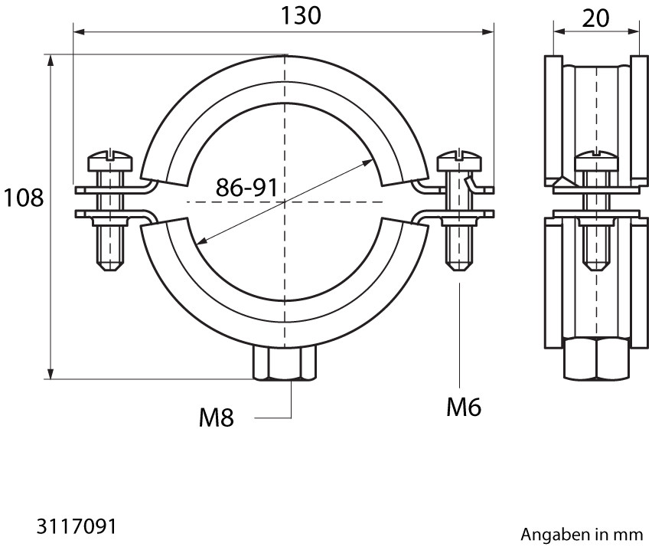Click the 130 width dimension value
click(x=301, y=15)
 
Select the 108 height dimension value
click(x=23, y=198)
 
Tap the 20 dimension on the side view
click(x=595, y=18)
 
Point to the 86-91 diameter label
click(x=246, y=187)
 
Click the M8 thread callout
click(x=217, y=418)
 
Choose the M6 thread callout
click(x=464, y=407)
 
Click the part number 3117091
click(x=76, y=526)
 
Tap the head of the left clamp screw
click(x=110, y=162)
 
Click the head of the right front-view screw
click(x=459, y=162)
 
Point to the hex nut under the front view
click(x=285, y=362)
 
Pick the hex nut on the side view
click(x=596, y=359)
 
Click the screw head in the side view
click(x=596, y=162)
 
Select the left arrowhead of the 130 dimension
click(x=79, y=32)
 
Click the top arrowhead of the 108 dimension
click(x=51, y=60)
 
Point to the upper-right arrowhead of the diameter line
click(x=367, y=162)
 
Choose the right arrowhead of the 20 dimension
click(x=632, y=31)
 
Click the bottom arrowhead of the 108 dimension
click(x=51, y=373)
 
